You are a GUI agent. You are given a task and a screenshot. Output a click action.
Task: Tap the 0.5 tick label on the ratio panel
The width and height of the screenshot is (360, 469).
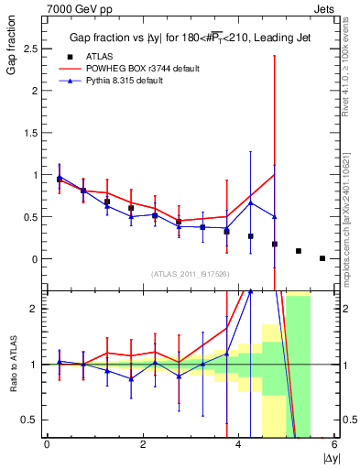click(x=32, y=420)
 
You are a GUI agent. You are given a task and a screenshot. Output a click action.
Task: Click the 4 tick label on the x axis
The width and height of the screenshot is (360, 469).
click(x=238, y=444)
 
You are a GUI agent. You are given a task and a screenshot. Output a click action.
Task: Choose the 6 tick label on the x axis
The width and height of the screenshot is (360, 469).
click(x=334, y=444)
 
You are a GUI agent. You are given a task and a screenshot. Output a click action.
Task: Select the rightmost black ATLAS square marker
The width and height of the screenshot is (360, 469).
click(x=322, y=258)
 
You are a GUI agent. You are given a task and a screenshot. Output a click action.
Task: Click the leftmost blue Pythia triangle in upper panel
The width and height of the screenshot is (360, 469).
click(x=60, y=177)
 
